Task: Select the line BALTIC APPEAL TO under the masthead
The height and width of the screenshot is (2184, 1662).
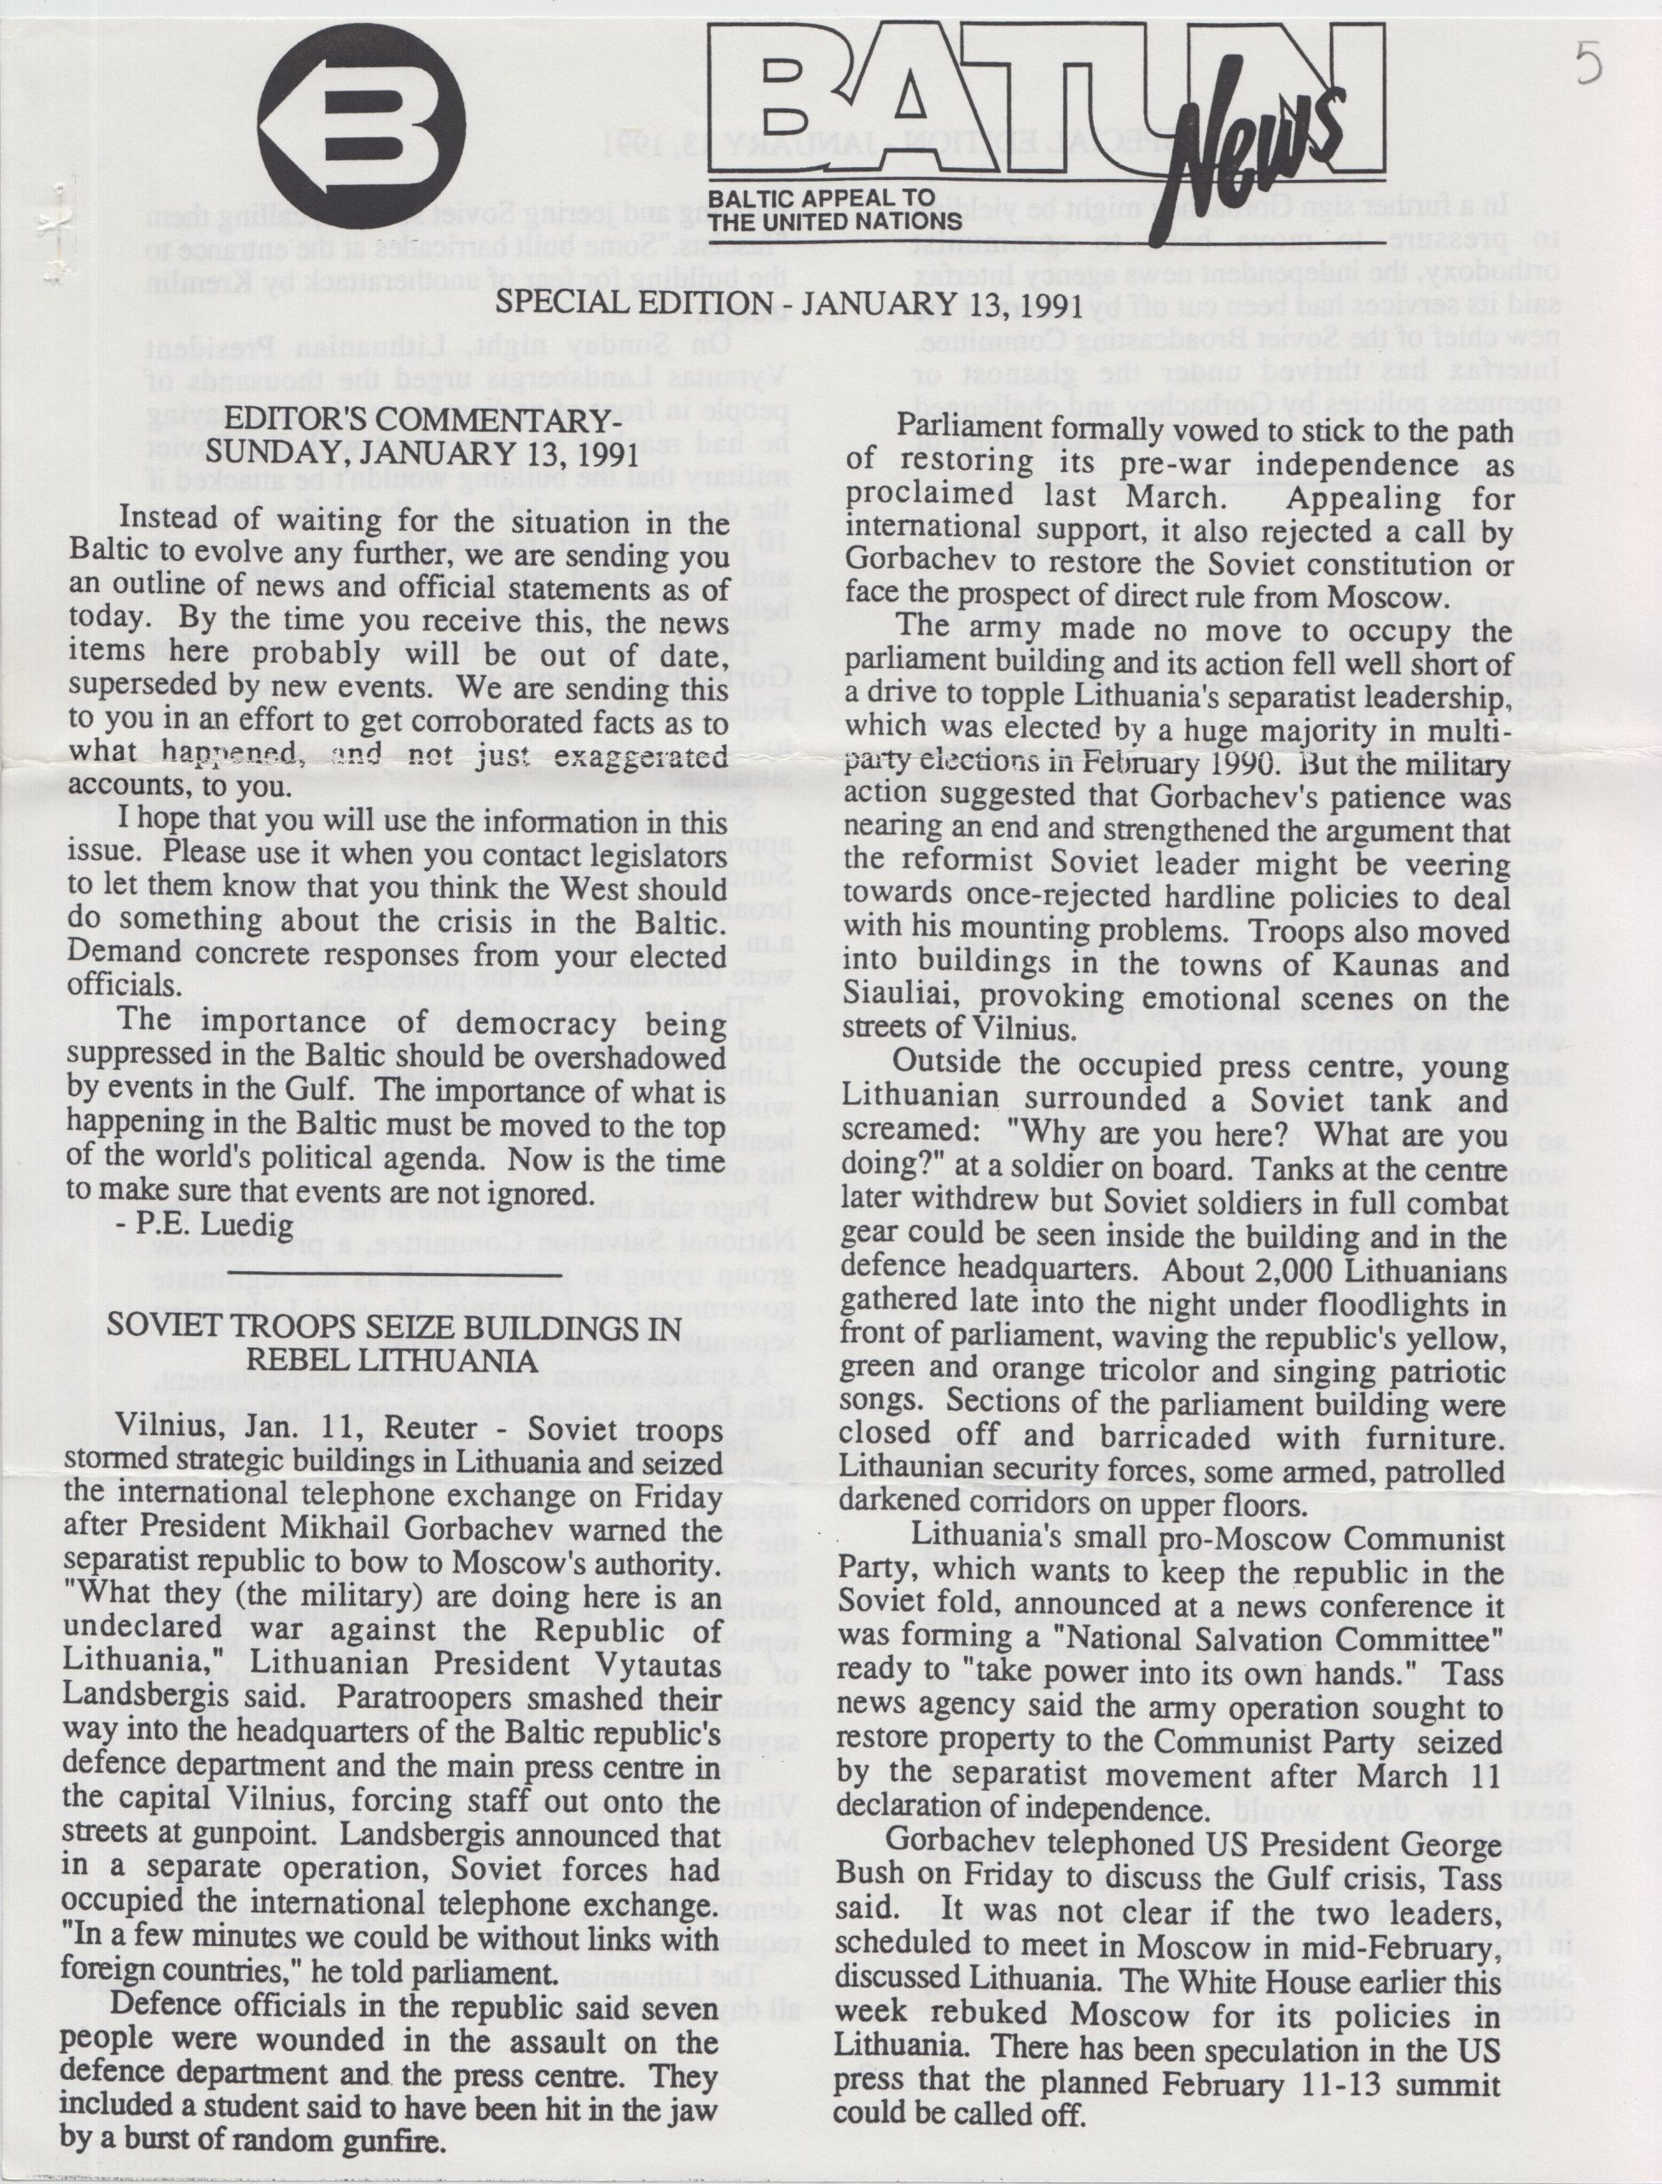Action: coord(821,197)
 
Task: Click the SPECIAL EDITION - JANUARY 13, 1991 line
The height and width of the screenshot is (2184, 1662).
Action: coord(787,303)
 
